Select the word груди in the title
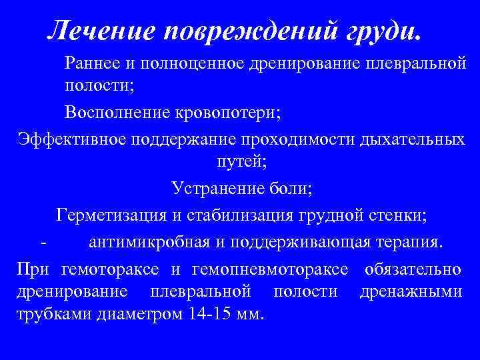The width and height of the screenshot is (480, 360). pyautogui.click(x=373, y=29)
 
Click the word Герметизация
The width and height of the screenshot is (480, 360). pyautogui.click(x=115, y=215)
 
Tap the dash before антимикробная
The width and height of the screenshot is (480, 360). pyautogui.click(x=43, y=241)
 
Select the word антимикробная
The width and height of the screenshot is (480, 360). pyautogui.click(x=149, y=241)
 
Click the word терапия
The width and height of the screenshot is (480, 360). pyautogui.click(x=409, y=241)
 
